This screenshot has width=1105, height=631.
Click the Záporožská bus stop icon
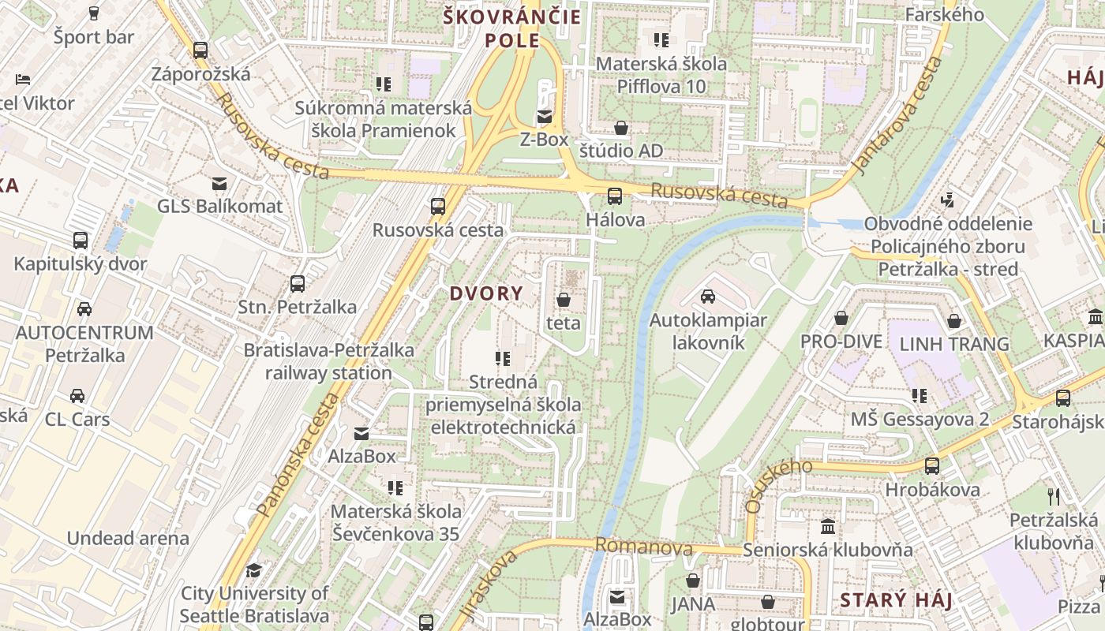[200, 50]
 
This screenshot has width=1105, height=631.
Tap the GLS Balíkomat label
[219, 207]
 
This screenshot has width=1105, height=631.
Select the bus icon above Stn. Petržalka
[298, 283]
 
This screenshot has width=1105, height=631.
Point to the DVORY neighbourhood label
[486, 294]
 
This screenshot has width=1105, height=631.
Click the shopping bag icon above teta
[564, 300]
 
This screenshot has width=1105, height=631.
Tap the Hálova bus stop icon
[614, 196]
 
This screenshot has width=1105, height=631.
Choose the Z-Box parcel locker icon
[544, 118]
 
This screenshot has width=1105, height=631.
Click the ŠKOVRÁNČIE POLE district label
[512, 28]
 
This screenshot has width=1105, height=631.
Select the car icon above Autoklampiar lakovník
[708, 297]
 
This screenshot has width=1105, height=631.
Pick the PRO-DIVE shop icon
[841, 319]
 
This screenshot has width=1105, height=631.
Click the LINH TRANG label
[954, 344]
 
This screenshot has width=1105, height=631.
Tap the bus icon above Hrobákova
[932, 466]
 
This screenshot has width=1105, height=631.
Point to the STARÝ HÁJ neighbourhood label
[896, 600]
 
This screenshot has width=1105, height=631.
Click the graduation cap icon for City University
[253, 570]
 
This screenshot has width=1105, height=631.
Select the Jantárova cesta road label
[898, 116]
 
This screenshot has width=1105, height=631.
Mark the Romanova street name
[643, 547]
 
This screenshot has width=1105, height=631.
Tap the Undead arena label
[128, 539]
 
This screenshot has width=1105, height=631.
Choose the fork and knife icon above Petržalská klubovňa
[1054, 496]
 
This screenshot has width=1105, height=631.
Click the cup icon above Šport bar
[94, 13]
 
